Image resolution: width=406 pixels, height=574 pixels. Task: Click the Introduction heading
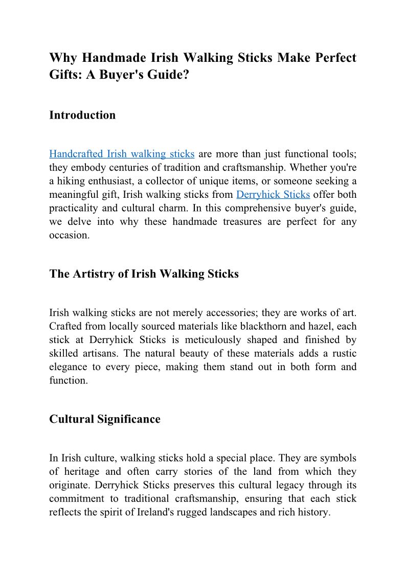82,115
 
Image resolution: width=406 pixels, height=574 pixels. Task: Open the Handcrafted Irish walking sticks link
122,154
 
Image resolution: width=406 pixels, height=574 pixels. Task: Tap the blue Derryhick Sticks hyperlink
273,195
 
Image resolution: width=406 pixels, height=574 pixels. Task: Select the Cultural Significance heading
105,419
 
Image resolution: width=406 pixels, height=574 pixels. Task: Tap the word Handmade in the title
114,57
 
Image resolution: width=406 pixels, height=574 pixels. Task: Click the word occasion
69,236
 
